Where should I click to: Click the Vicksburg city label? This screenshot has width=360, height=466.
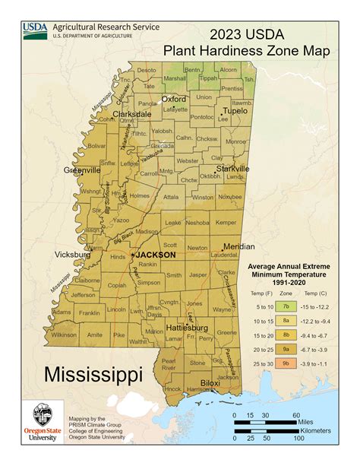point(73,255)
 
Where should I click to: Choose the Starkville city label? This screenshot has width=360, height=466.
point(232,168)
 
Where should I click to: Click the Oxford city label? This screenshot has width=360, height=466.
point(174,99)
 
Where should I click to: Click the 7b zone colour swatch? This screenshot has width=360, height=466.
point(286,306)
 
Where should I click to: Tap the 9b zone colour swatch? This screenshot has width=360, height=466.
point(286,363)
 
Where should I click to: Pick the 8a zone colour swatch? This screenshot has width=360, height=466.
point(286,320)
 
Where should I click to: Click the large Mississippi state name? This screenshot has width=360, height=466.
point(93,374)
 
